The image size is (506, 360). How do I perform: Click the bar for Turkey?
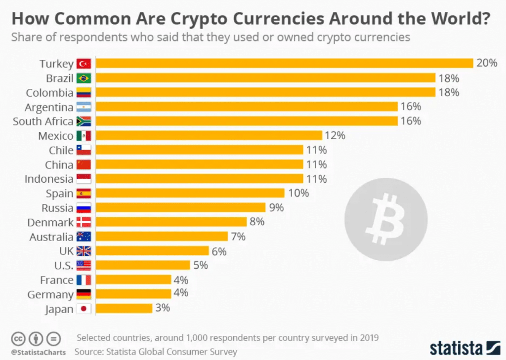(x=284, y=63)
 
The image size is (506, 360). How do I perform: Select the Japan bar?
(x=124, y=308)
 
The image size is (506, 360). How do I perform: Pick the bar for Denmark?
(x=171, y=222)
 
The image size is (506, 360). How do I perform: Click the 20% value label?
(x=486, y=63)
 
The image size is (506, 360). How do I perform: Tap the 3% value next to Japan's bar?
(x=162, y=308)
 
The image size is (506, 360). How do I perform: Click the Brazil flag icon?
(x=84, y=78)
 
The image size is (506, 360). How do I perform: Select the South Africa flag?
(x=84, y=121)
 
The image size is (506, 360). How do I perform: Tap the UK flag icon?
(x=84, y=251)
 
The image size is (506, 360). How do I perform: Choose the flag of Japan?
(x=84, y=309)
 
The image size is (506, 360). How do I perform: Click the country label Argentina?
(x=49, y=107)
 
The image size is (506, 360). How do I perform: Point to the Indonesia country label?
(x=49, y=179)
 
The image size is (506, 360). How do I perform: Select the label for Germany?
(x=50, y=294)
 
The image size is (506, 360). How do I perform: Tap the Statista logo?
(x=465, y=347)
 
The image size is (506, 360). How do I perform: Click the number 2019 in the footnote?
(x=368, y=338)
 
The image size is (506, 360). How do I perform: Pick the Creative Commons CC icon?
(x=18, y=339)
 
